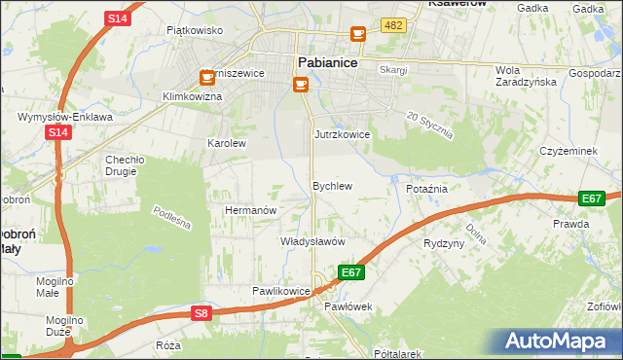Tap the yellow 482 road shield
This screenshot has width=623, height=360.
point(393,25)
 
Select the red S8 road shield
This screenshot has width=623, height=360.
point(201,312)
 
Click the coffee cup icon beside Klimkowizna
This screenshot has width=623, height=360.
point(207,77)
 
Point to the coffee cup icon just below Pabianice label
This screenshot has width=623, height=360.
point(300,85)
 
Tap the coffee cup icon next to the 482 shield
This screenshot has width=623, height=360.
point(358,34)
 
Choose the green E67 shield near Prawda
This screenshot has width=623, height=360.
point(592,198)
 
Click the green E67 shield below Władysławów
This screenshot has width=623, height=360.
point(351,272)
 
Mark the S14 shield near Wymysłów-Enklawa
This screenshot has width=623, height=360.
point(57,133)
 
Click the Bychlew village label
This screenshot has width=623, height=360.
point(331,185)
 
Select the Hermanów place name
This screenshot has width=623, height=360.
point(252,210)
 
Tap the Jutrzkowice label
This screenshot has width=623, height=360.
point(342,134)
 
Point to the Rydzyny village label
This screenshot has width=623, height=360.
point(444,243)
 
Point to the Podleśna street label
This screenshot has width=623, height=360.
point(171,218)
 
